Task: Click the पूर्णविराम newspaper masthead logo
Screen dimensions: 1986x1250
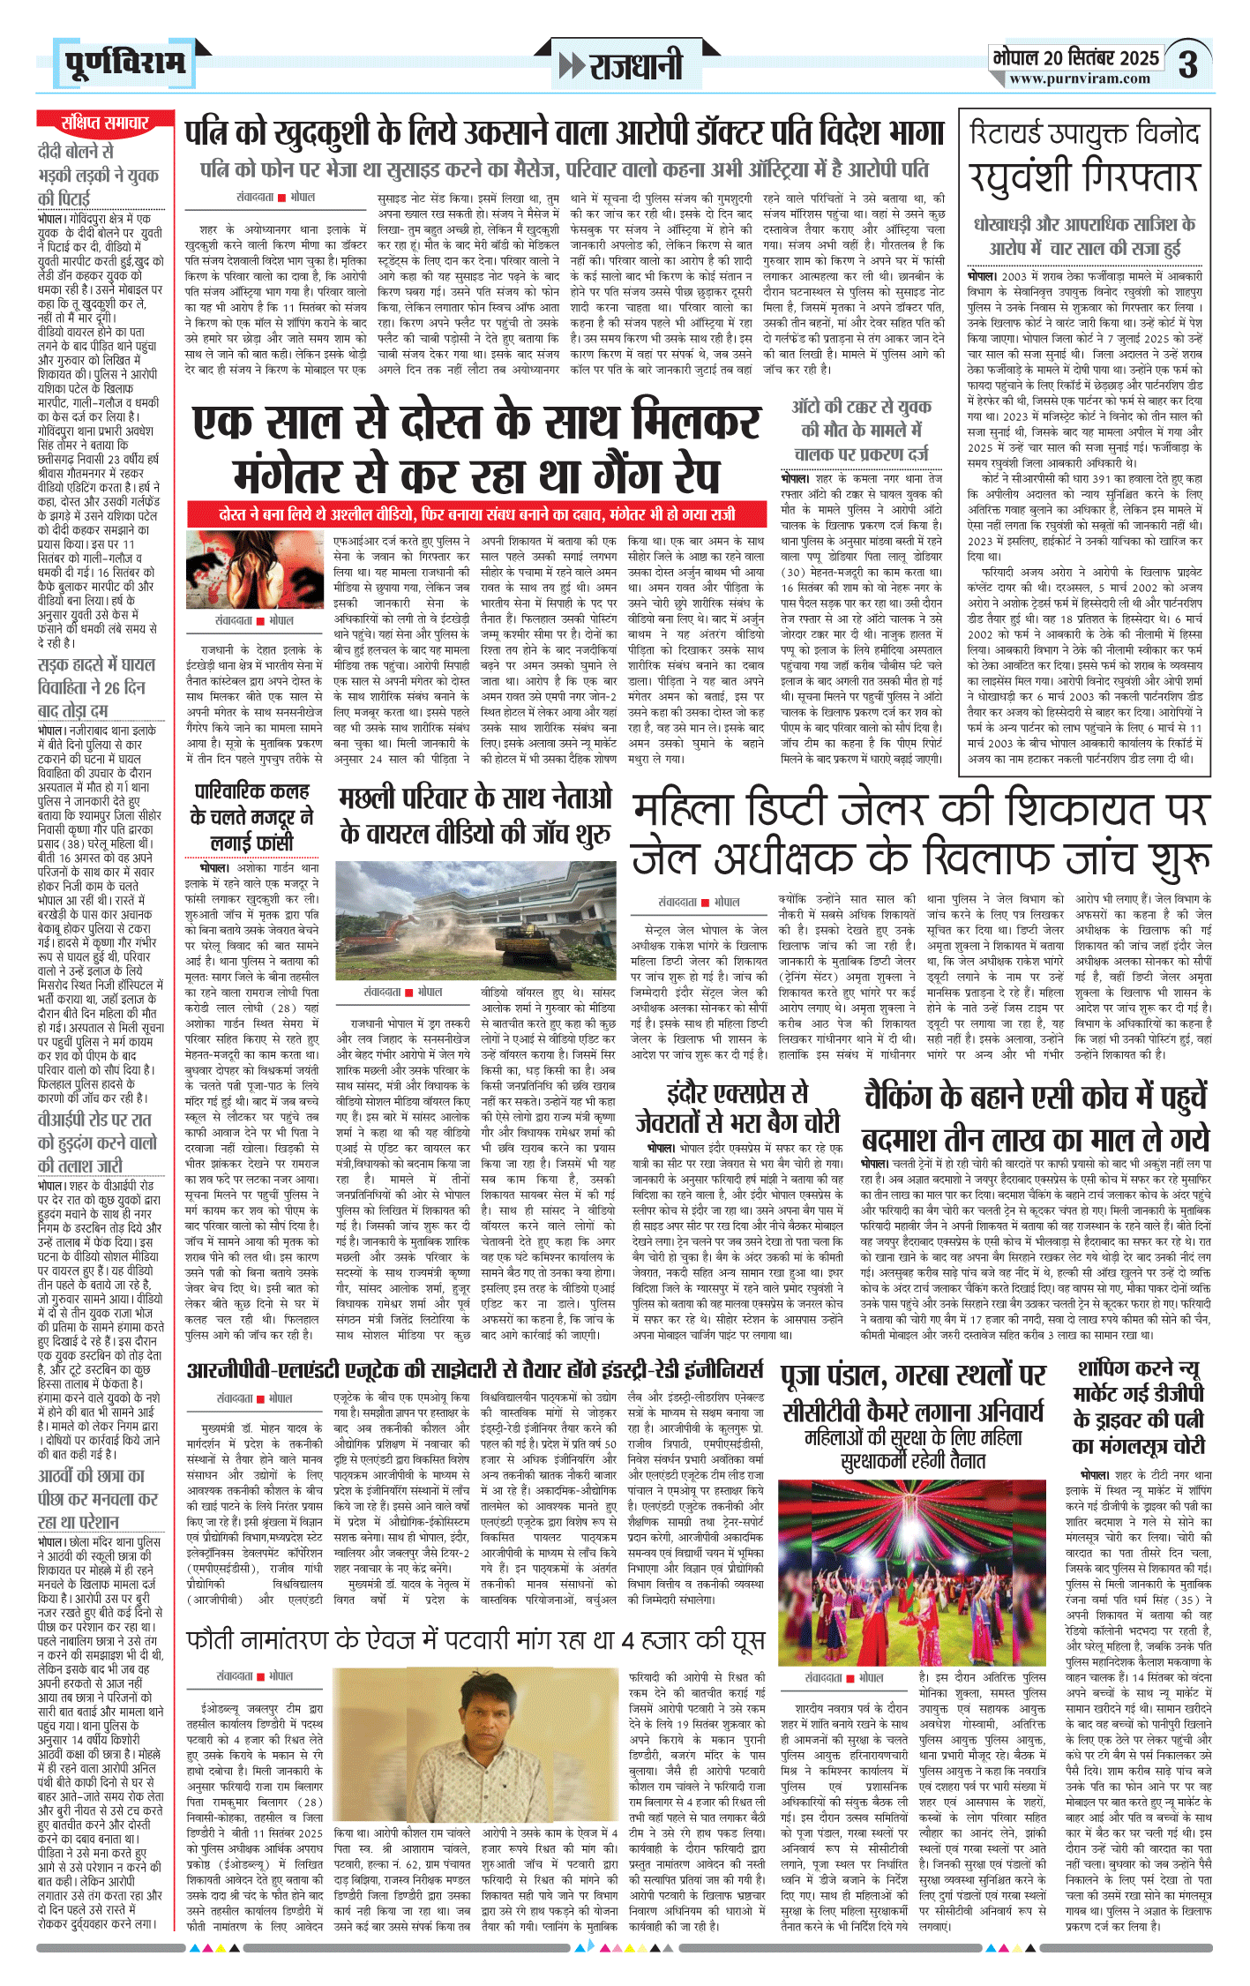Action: (x=125, y=63)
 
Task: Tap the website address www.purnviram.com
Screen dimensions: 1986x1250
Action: (x=1080, y=79)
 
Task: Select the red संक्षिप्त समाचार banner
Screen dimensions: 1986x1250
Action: (x=104, y=123)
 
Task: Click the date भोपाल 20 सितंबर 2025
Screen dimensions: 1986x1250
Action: (x=1075, y=57)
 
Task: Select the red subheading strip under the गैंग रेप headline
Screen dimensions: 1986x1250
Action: (x=476, y=514)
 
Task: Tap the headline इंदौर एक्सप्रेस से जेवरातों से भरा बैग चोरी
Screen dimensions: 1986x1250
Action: (x=737, y=1108)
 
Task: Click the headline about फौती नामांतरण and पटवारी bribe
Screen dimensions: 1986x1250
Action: (x=475, y=1639)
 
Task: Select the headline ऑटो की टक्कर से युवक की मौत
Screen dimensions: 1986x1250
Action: (x=861, y=430)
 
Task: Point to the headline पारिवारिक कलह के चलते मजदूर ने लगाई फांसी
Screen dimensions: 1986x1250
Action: (x=251, y=816)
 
